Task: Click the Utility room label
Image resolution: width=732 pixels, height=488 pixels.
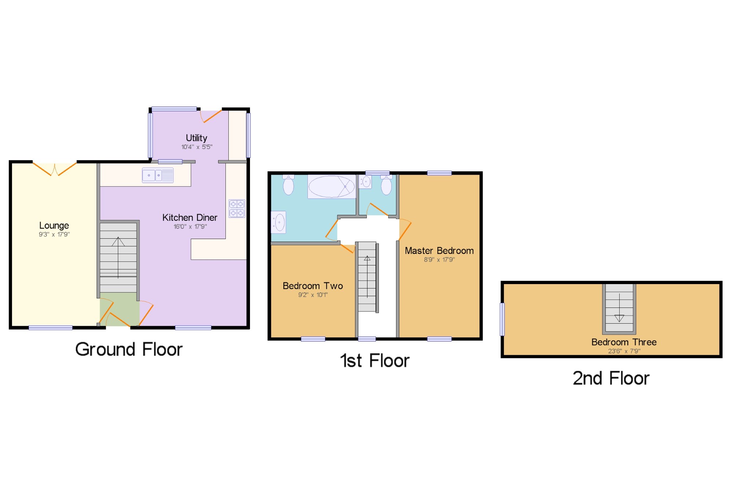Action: (197, 138)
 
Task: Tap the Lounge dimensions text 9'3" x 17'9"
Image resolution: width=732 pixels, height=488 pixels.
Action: (54, 234)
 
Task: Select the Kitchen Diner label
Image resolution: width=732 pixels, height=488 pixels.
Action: (190, 217)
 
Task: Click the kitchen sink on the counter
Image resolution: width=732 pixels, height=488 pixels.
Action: (158, 175)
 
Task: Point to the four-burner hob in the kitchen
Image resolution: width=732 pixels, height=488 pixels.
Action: (237, 209)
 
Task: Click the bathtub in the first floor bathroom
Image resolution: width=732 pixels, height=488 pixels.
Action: (332, 187)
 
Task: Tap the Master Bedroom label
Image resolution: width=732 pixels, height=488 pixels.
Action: (439, 251)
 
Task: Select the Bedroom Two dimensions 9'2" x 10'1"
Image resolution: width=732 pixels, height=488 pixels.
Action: (313, 295)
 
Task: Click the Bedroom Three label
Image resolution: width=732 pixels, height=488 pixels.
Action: (624, 342)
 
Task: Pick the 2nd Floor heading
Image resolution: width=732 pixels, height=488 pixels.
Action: (611, 378)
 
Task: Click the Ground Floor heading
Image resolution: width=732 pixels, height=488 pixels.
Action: (129, 349)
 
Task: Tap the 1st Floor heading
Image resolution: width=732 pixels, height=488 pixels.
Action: (375, 361)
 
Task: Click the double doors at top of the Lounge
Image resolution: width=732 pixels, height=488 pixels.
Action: (55, 169)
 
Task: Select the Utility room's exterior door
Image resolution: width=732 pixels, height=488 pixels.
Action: (211, 116)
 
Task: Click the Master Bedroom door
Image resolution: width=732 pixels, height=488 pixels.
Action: (405, 230)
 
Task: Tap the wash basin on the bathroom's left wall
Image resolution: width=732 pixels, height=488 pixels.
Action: (279, 222)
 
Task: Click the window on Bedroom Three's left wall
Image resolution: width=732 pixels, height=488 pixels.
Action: (502, 319)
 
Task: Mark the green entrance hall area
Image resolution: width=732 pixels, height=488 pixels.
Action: (119, 309)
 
